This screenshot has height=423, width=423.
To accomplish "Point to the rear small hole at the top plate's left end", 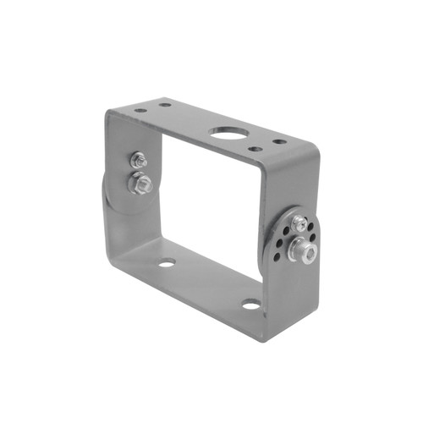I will coord(165,106).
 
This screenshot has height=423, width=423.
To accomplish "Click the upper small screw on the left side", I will coord(137,159).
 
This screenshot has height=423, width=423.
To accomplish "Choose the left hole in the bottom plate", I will coord(168,262).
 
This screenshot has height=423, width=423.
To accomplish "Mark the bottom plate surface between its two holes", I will coord(207,283).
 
